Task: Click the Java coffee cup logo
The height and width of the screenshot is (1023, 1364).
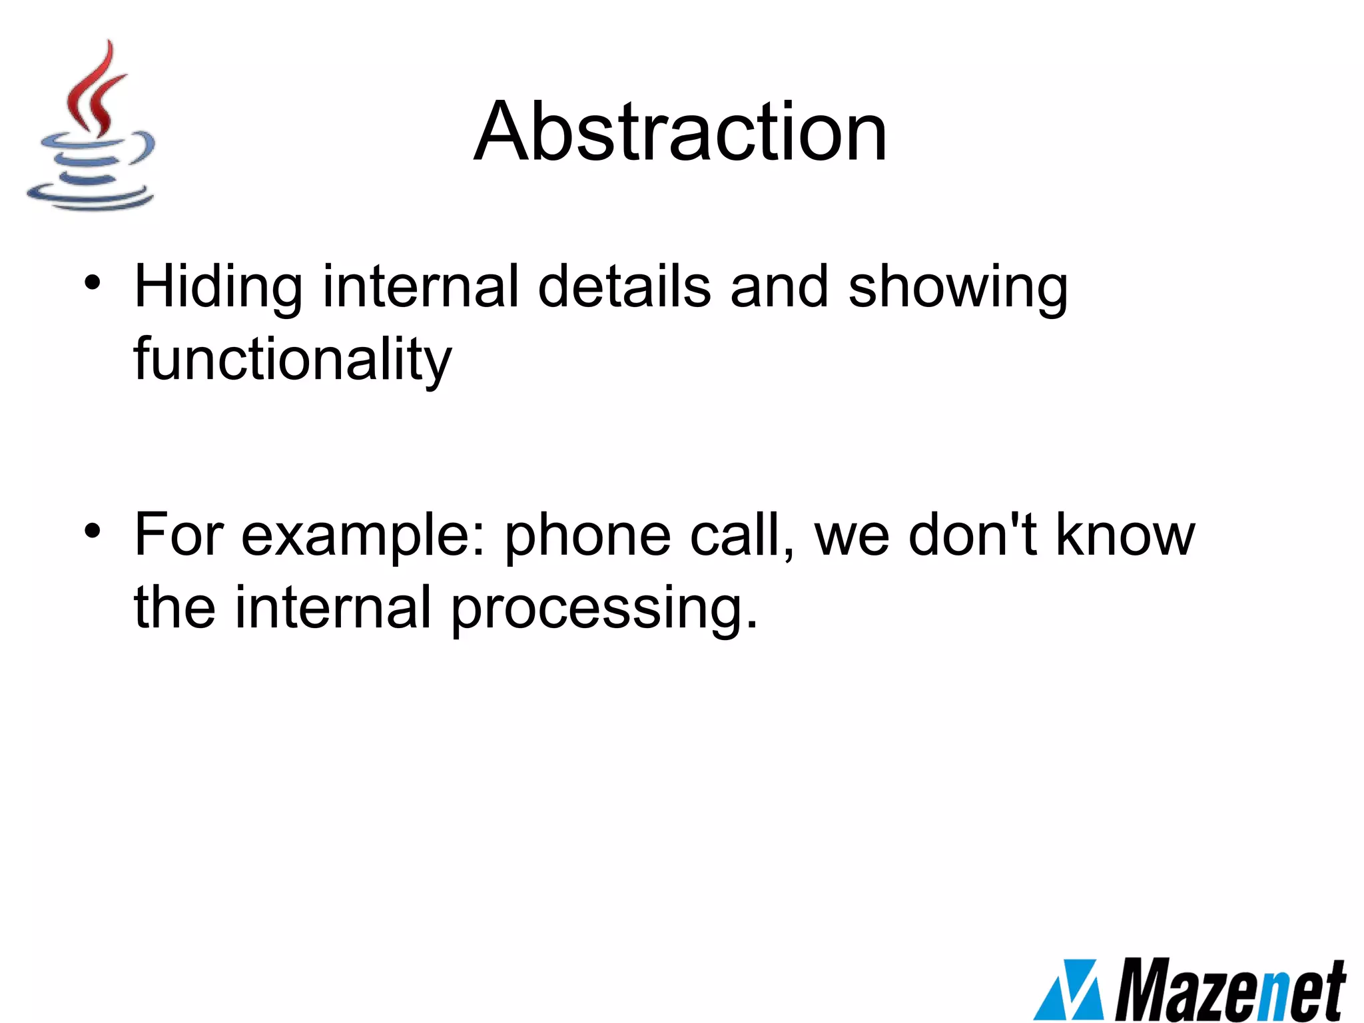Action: tap(91, 127)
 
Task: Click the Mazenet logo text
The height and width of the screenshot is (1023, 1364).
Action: tap(1229, 990)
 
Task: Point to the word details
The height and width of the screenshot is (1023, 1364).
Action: tap(624, 286)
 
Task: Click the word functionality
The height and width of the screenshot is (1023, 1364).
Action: tap(292, 360)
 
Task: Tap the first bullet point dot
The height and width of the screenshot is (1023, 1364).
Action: tap(92, 282)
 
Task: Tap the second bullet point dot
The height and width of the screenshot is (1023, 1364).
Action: tap(92, 531)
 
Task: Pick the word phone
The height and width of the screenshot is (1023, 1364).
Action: tap(587, 536)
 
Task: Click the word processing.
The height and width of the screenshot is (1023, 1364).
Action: tap(604, 608)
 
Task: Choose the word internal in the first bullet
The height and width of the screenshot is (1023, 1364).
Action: tap(420, 286)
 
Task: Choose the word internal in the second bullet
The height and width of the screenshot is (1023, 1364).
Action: tap(333, 607)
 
